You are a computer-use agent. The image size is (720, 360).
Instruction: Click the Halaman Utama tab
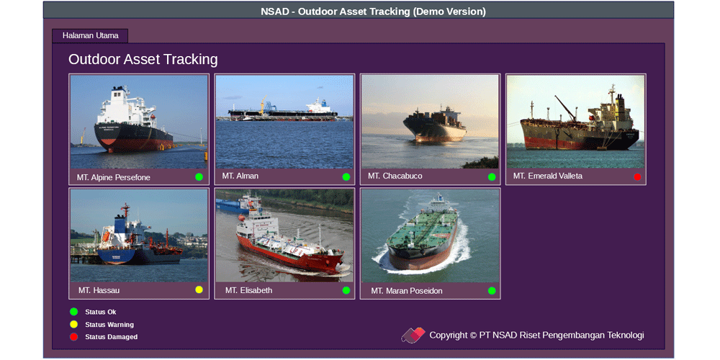[x=90, y=35]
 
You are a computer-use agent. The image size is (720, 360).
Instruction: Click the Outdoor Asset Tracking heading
[x=143, y=59]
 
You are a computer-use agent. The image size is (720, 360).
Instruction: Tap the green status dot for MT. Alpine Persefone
[x=199, y=177]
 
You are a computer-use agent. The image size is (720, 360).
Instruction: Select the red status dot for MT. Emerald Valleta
[x=637, y=177]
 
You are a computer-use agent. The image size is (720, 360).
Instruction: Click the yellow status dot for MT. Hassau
[x=199, y=289]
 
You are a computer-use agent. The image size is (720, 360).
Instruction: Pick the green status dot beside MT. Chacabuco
[x=492, y=177]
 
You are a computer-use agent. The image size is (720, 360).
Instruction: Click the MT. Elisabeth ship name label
[x=248, y=290]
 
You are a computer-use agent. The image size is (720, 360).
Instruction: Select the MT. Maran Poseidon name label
[x=407, y=291]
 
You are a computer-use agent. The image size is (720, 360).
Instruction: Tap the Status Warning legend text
[x=109, y=325]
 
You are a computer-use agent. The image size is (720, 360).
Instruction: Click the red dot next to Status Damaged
[x=74, y=337]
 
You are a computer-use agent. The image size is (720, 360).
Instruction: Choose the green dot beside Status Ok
[x=74, y=312]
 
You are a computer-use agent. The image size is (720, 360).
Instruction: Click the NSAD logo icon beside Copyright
[x=413, y=336]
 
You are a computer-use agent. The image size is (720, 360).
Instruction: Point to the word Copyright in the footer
[x=448, y=336]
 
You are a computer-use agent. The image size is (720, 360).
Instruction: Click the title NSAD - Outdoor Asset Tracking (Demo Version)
[x=373, y=12]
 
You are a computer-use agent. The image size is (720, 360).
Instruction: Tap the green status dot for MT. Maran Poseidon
[x=492, y=290]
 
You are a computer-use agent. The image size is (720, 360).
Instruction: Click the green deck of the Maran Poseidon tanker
[x=423, y=228]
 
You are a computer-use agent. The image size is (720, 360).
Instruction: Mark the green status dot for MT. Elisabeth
[x=346, y=290]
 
